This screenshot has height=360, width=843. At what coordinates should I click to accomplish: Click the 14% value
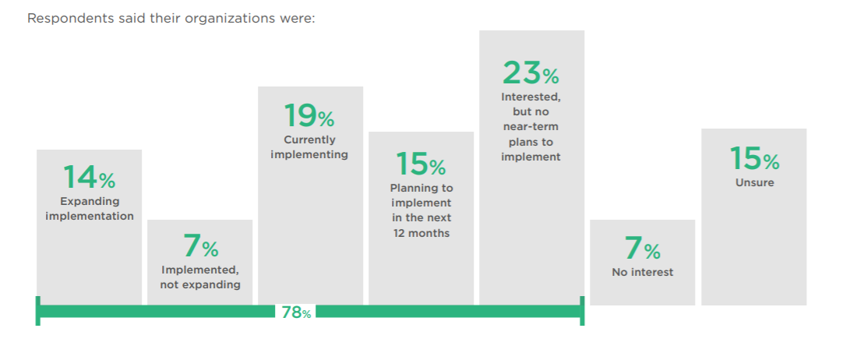tap(89, 178)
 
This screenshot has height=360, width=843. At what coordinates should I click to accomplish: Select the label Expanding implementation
tap(89, 209)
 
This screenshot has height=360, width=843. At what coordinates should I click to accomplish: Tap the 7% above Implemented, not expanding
tap(200, 248)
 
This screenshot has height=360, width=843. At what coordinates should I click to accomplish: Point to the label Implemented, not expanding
tap(200, 277)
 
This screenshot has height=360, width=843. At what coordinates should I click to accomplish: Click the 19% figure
tap(310, 117)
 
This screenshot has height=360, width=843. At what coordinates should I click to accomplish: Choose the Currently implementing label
tap(310, 147)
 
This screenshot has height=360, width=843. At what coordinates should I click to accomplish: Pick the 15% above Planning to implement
tap(421, 164)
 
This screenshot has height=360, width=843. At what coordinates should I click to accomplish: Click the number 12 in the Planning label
tap(400, 233)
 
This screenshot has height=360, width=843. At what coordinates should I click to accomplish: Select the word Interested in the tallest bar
tap(531, 97)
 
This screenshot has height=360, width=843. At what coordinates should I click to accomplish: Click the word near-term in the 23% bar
tap(531, 127)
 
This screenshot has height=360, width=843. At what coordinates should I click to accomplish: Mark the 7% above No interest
tap(642, 249)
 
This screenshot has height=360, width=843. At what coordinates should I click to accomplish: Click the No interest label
tap(642, 273)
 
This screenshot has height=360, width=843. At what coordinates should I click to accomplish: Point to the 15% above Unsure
tap(753, 159)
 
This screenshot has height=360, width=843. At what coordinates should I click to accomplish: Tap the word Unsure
tap(754, 184)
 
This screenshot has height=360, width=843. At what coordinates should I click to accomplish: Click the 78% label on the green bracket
tap(296, 313)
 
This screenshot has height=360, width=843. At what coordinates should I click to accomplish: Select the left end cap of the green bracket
tap(37, 312)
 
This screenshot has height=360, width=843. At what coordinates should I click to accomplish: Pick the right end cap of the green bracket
tap(582, 312)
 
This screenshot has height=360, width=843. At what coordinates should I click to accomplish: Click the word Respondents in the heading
tap(64, 18)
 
